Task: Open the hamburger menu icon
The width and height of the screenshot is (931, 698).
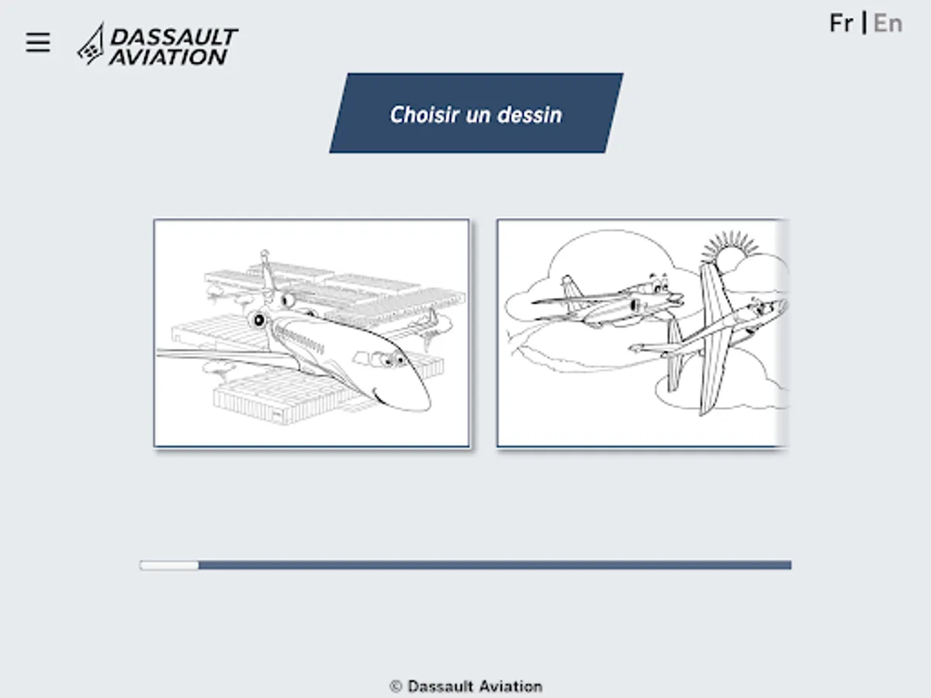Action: tap(38, 43)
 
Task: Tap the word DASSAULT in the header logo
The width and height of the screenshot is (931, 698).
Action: tap(174, 37)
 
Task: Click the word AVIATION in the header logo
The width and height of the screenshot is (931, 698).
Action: tap(168, 57)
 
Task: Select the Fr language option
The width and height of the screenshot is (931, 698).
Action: tap(841, 23)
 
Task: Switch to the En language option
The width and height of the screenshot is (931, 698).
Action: tap(888, 23)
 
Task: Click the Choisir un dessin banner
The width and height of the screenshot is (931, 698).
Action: tap(476, 113)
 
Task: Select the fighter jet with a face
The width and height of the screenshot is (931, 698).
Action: tap(607, 302)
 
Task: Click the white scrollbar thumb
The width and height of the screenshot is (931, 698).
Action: tap(169, 565)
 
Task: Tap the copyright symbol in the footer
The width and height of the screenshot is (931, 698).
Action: tap(396, 686)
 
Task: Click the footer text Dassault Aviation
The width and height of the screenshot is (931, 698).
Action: tap(475, 686)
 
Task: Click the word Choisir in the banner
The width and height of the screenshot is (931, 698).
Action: tap(424, 115)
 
